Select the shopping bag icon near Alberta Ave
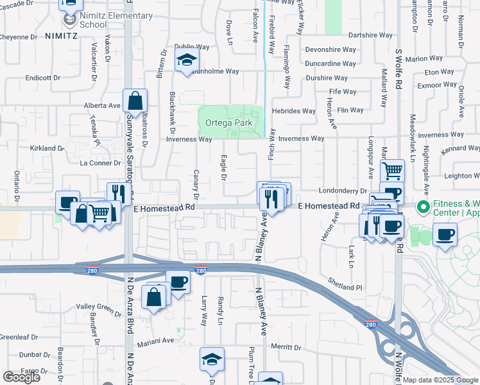pyautogui.click(x=135, y=101)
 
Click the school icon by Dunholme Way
pyautogui.click(x=187, y=61)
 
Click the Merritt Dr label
pyautogui.click(x=286, y=347)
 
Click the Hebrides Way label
pyautogui.click(x=294, y=111)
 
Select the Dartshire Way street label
pyautogui.click(x=370, y=35)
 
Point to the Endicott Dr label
pyautogui.click(x=42, y=78)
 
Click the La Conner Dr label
pyautogui.click(x=96, y=163)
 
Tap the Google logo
pyautogui.click(x=21, y=377)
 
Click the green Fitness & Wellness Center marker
pyautogui.click(x=423, y=207)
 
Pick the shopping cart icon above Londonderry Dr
pyautogui.click(x=392, y=171)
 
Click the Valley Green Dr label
pyautogui.click(x=99, y=310)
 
